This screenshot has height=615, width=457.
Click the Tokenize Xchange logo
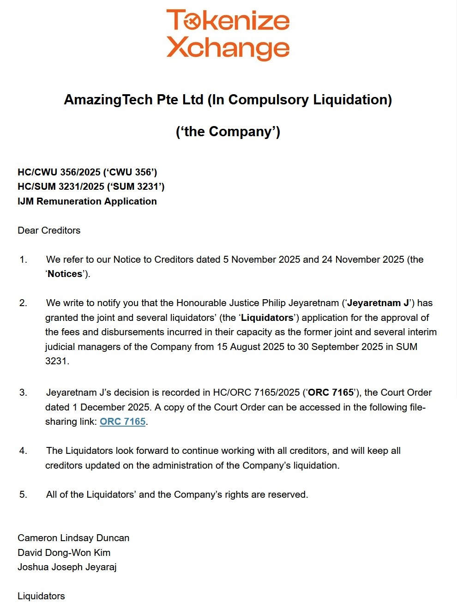click(x=228, y=35)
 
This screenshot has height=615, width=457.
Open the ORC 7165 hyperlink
click(x=123, y=422)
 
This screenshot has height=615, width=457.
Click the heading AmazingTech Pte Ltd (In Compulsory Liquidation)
click(x=228, y=100)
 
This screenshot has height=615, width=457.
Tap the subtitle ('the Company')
click(x=228, y=132)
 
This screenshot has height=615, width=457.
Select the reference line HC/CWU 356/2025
click(x=87, y=172)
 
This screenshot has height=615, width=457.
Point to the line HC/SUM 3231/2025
click(x=91, y=187)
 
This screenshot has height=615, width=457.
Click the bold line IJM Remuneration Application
click(x=87, y=201)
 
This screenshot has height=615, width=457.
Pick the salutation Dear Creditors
click(x=49, y=230)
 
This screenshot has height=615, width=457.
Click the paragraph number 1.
click(x=23, y=259)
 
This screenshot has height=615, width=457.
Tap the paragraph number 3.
click(x=23, y=392)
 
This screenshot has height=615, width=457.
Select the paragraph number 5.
click(x=23, y=494)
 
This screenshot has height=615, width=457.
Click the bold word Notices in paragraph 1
click(x=65, y=274)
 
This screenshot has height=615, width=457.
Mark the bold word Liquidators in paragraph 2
click(x=267, y=318)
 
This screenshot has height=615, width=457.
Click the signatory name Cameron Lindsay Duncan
click(x=73, y=538)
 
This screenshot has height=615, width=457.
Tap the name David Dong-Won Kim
click(x=64, y=553)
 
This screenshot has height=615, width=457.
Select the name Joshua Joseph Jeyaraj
click(x=67, y=567)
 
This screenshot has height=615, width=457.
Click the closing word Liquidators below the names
click(x=41, y=596)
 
